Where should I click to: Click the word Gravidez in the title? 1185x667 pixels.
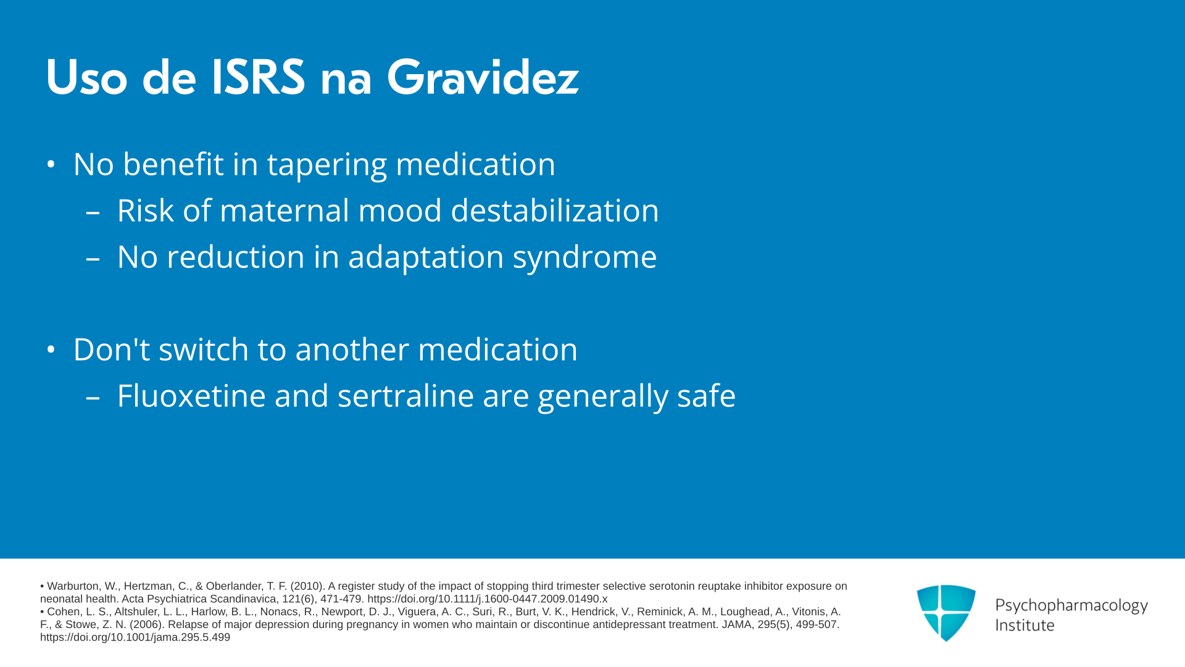click(483, 77)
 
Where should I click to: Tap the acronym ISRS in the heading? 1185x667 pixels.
click(259, 77)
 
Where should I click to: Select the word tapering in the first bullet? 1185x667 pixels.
click(326, 165)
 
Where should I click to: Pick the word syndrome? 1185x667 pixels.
click(584, 258)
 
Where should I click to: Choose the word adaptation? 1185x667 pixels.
click(426, 257)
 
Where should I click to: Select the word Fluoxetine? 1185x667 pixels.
click(191, 396)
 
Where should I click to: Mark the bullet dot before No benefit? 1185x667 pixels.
click(51, 165)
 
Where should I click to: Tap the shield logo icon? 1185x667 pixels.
click(946, 613)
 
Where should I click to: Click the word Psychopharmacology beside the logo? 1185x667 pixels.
click(1071, 606)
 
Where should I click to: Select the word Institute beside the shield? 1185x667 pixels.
click(1025, 625)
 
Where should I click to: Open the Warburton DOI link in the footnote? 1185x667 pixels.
click(488, 599)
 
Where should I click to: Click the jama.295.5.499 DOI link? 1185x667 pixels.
click(135, 637)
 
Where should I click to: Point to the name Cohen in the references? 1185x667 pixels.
click(64, 612)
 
